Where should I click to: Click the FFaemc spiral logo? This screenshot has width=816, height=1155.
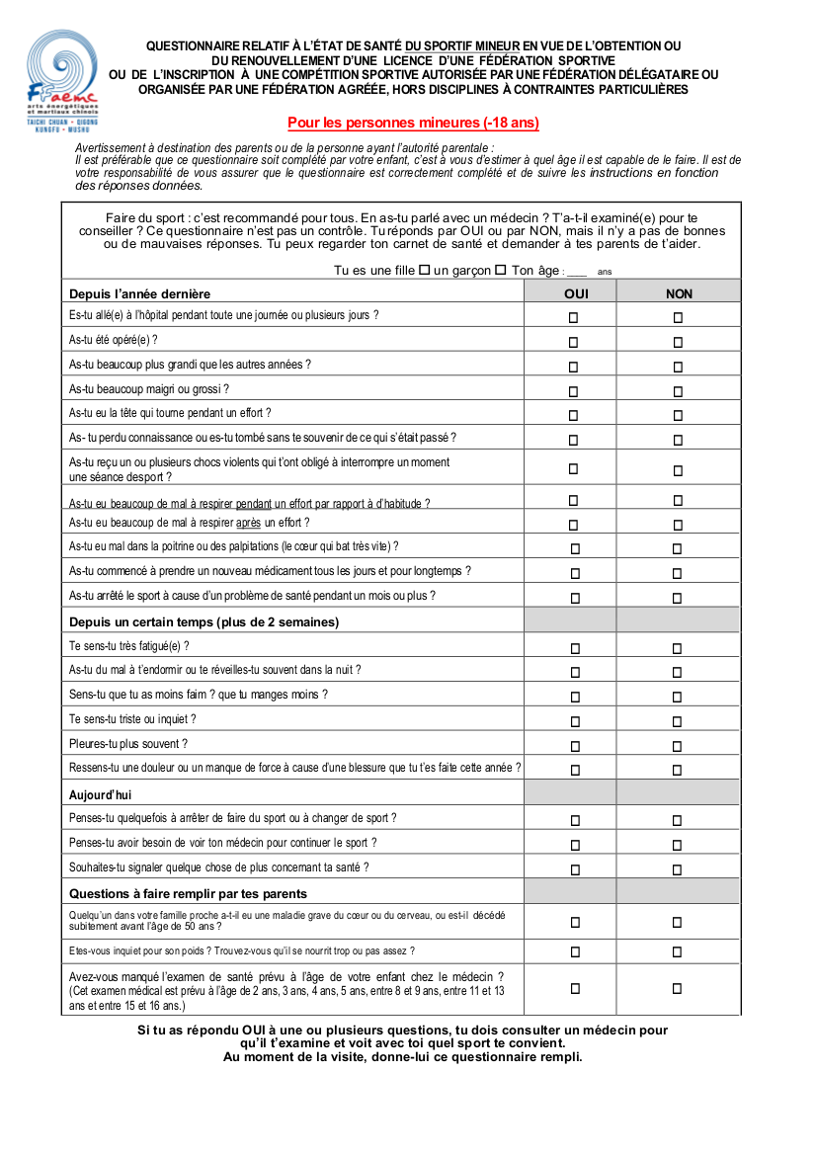(61, 67)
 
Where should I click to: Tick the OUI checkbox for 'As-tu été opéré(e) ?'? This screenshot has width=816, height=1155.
(573, 342)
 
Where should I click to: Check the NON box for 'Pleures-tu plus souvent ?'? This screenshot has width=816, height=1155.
(677, 746)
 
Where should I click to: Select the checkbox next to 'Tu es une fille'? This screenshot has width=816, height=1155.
(425, 270)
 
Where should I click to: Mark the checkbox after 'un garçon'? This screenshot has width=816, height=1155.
(500, 270)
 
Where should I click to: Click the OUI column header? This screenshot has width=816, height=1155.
(576, 293)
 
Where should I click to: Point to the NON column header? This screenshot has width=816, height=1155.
(679, 293)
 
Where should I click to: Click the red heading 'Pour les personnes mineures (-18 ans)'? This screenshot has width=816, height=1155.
(413, 124)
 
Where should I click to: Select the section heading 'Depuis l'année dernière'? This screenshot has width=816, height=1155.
(139, 293)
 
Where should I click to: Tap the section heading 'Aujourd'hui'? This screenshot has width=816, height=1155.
(100, 794)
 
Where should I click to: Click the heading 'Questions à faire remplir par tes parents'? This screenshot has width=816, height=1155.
(188, 893)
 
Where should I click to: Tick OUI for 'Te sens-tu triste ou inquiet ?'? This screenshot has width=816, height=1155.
(573, 722)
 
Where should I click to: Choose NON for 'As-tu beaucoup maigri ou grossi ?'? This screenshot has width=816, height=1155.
(678, 390)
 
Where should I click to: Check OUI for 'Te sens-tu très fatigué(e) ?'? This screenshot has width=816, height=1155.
(573, 649)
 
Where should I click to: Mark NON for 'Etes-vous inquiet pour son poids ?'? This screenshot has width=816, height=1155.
(677, 952)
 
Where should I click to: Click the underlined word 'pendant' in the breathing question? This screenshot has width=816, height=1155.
(254, 504)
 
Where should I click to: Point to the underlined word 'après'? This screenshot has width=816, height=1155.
(248, 523)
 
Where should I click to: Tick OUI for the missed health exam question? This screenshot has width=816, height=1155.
(574, 988)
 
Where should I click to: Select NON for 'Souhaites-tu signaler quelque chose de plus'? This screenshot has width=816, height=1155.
(677, 869)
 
